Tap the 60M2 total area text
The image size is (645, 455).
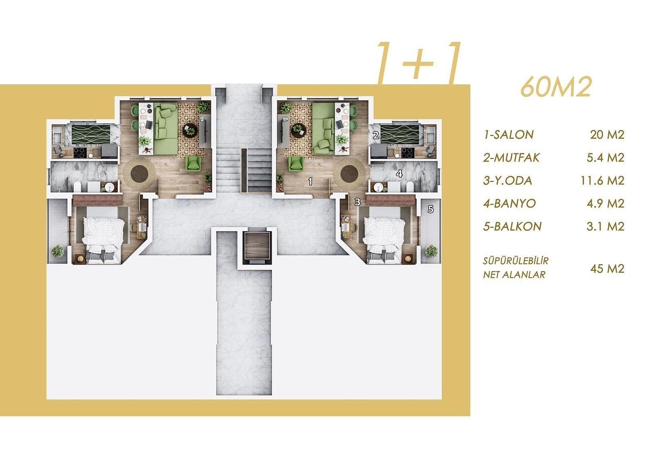(x=556, y=87)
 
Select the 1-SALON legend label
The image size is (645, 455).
(x=508, y=135)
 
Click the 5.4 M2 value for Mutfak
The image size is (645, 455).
(x=605, y=157)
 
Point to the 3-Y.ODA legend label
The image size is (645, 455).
(x=508, y=181)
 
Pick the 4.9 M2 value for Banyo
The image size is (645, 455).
(x=605, y=204)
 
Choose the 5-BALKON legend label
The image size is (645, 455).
(x=512, y=227)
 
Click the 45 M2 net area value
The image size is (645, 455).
(x=607, y=269)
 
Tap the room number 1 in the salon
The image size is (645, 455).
(x=310, y=181)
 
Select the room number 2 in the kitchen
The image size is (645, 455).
(x=376, y=135)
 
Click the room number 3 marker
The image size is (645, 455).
(x=357, y=202)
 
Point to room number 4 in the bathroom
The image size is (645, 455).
(x=399, y=174)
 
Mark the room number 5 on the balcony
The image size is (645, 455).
(x=431, y=209)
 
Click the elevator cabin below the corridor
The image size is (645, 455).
(x=257, y=246)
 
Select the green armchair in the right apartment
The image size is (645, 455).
(x=296, y=163)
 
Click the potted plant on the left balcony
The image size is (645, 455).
(x=58, y=251)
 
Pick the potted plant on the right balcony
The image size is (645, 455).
(x=431, y=251)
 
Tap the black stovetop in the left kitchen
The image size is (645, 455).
(x=80, y=153)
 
